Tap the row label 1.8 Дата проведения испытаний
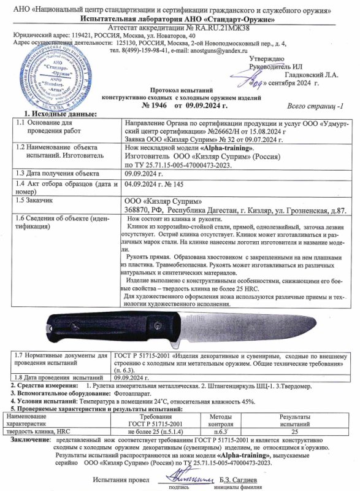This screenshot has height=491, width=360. point(58,377)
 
